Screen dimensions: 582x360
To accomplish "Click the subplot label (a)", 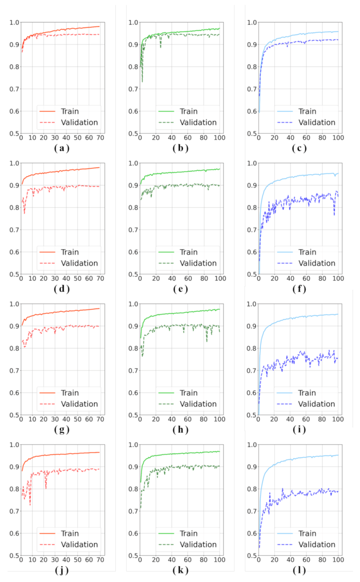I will click(x=62, y=148).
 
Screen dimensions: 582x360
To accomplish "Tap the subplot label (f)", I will click(x=299, y=289).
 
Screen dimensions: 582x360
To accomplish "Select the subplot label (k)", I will click(x=180, y=570).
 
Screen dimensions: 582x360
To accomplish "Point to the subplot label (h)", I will click(x=180, y=429).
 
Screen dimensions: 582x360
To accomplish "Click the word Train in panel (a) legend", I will click(x=70, y=111).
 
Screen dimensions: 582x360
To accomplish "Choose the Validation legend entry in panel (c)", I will click(x=316, y=122).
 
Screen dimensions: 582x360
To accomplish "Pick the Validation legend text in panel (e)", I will click(x=198, y=263).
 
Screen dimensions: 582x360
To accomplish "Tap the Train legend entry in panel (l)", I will click(x=307, y=533).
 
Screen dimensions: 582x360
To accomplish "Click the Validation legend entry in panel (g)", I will click(x=79, y=404).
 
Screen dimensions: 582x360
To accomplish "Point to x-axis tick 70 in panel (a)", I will click(x=100, y=138).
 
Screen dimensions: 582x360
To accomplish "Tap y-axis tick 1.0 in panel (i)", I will click(x=252, y=304).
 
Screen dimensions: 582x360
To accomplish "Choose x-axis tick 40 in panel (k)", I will click(x=172, y=560).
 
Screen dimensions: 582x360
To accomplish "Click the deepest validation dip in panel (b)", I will click(x=142, y=81).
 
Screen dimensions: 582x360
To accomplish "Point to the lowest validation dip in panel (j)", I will click(x=30, y=505).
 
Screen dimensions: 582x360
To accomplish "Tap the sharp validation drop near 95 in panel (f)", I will click(x=334, y=215).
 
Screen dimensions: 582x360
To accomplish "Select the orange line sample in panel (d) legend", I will click(x=47, y=252).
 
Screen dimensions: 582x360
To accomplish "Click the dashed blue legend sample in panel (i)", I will click(x=284, y=404).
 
